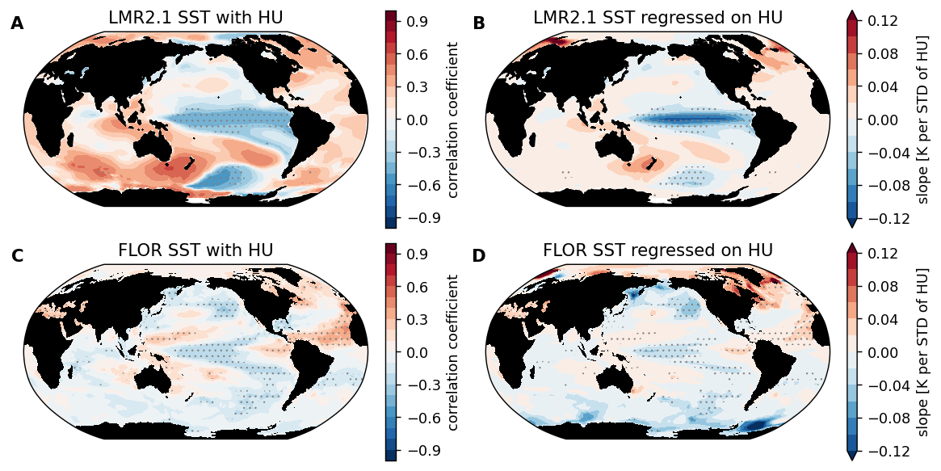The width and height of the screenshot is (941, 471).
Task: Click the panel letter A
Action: pos(17,24)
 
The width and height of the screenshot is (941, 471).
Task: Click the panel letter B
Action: pos(479,24)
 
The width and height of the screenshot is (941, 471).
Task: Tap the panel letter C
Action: pos(17,257)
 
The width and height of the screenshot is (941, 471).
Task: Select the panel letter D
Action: pos(479,257)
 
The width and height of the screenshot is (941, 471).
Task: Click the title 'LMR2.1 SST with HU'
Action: pos(195,18)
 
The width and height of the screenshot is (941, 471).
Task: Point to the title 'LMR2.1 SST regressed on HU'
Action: pos(657,18)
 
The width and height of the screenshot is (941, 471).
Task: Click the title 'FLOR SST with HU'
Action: pos(195,250)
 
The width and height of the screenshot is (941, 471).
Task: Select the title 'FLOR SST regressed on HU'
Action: pos(657,250)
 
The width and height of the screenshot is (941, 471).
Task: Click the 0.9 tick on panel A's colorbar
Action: pos(417,22)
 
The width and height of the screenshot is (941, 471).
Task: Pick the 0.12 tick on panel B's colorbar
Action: pos(882,22)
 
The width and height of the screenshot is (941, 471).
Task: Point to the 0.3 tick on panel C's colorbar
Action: pos(417,320)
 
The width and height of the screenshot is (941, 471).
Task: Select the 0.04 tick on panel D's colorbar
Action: pos(882,320)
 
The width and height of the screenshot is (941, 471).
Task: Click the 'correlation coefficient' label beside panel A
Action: pos(453,120)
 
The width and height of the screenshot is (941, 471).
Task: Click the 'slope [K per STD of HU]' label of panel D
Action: pos(923,352)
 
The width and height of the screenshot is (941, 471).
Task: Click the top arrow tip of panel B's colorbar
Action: pos(852,13)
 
